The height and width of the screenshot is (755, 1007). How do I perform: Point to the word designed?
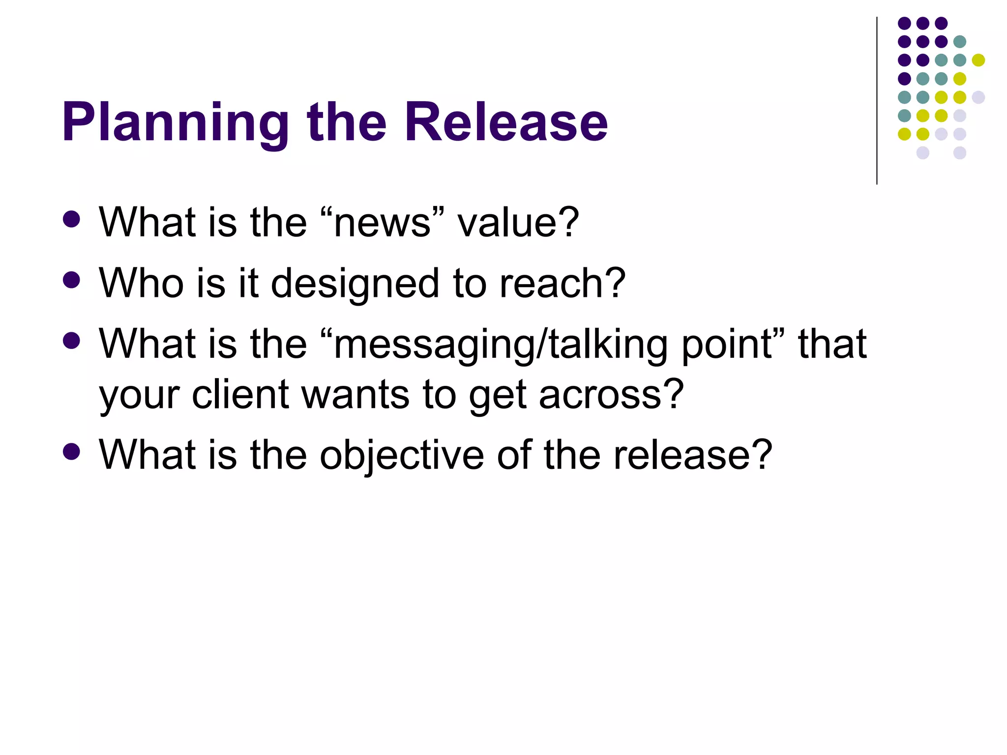pyautogui.click(x=355, y=284)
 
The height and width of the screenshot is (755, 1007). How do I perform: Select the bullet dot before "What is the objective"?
pyautogui.click(x=72, y=451)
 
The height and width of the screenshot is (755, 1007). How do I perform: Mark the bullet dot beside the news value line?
pyautogui.click(x=72, y=219)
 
